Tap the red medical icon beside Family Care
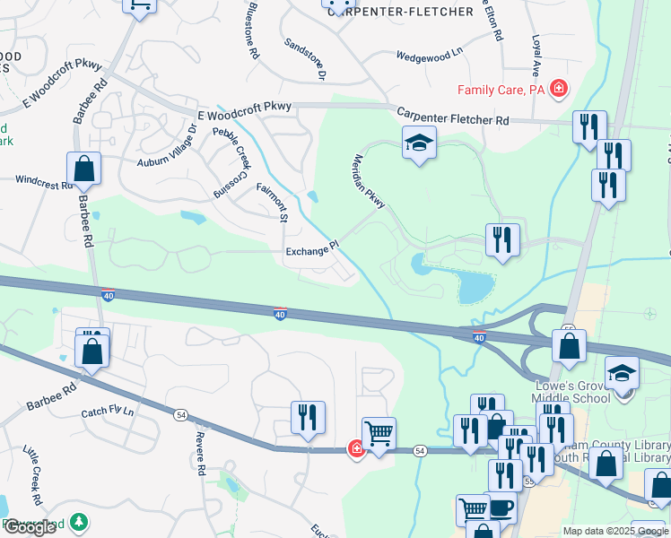559,88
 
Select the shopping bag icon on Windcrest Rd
83,168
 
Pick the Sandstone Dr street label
304,56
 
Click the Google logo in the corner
30,527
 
